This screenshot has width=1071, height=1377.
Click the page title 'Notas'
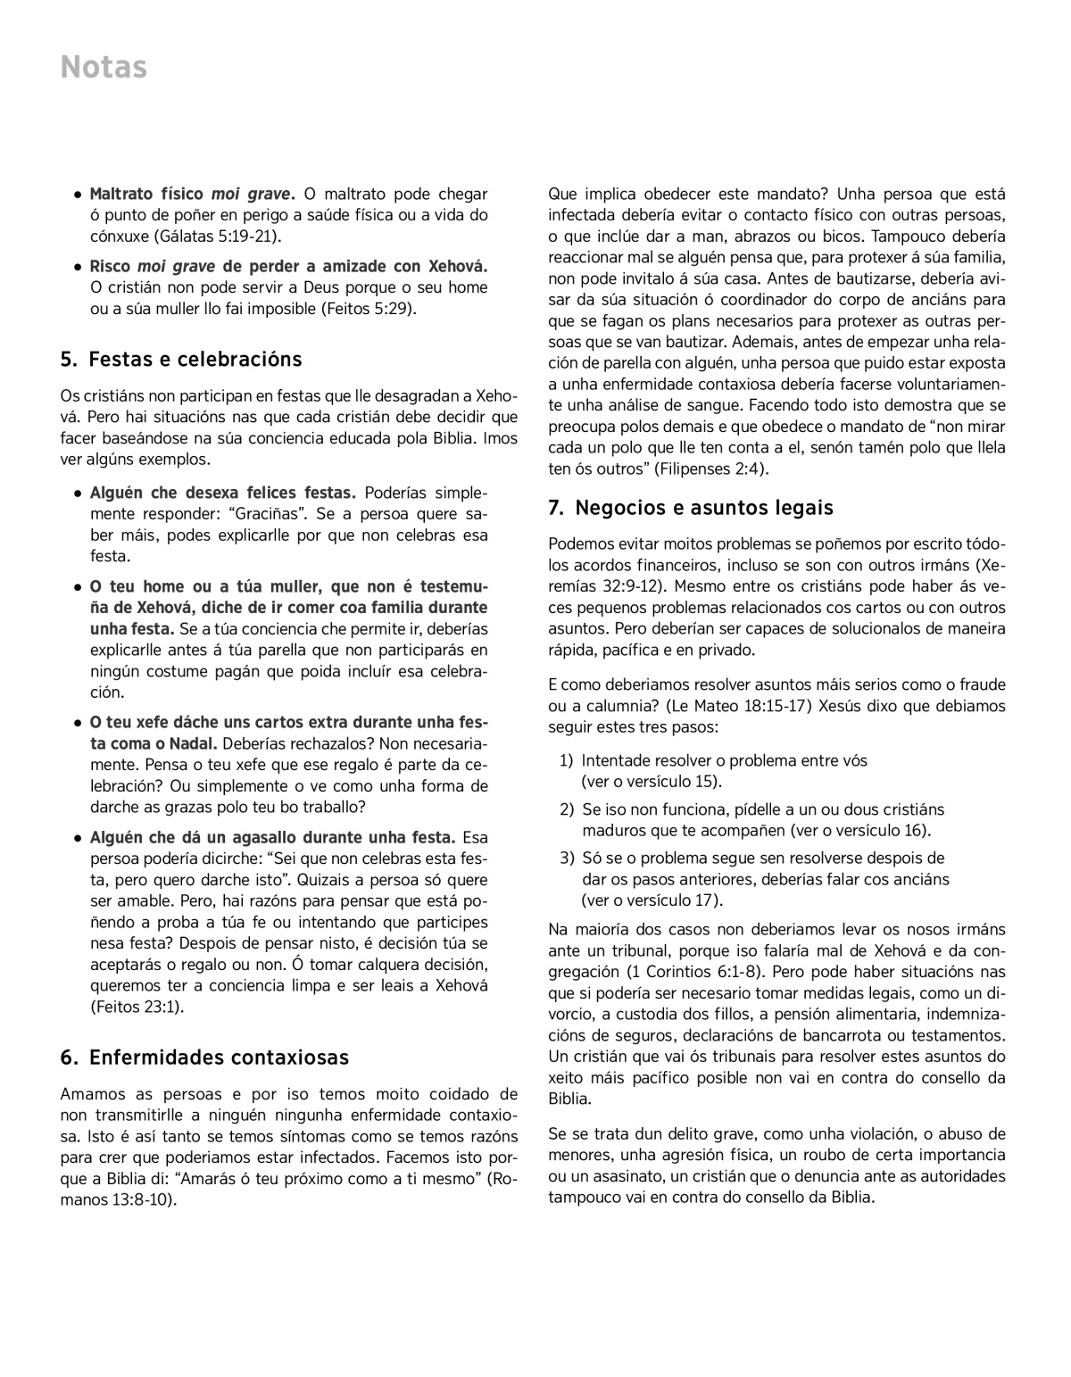(x=104, y=68)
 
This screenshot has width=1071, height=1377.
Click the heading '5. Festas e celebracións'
(x=181, y=360)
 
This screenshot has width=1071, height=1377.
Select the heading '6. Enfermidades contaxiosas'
(x=204, y=1058)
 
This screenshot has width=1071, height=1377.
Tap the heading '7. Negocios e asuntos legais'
(x=691, y=508)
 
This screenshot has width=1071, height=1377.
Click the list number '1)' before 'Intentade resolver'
(x=567, y=761)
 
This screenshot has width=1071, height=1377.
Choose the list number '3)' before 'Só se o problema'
(x=567, y=858)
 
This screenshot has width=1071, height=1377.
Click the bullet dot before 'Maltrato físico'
(x=79, y=195)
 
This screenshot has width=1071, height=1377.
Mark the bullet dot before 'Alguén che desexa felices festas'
(x=79, y=494)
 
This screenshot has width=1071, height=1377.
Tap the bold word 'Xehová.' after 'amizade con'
(x=458, y=267)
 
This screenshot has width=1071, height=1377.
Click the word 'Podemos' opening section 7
(x=580, y=544)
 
